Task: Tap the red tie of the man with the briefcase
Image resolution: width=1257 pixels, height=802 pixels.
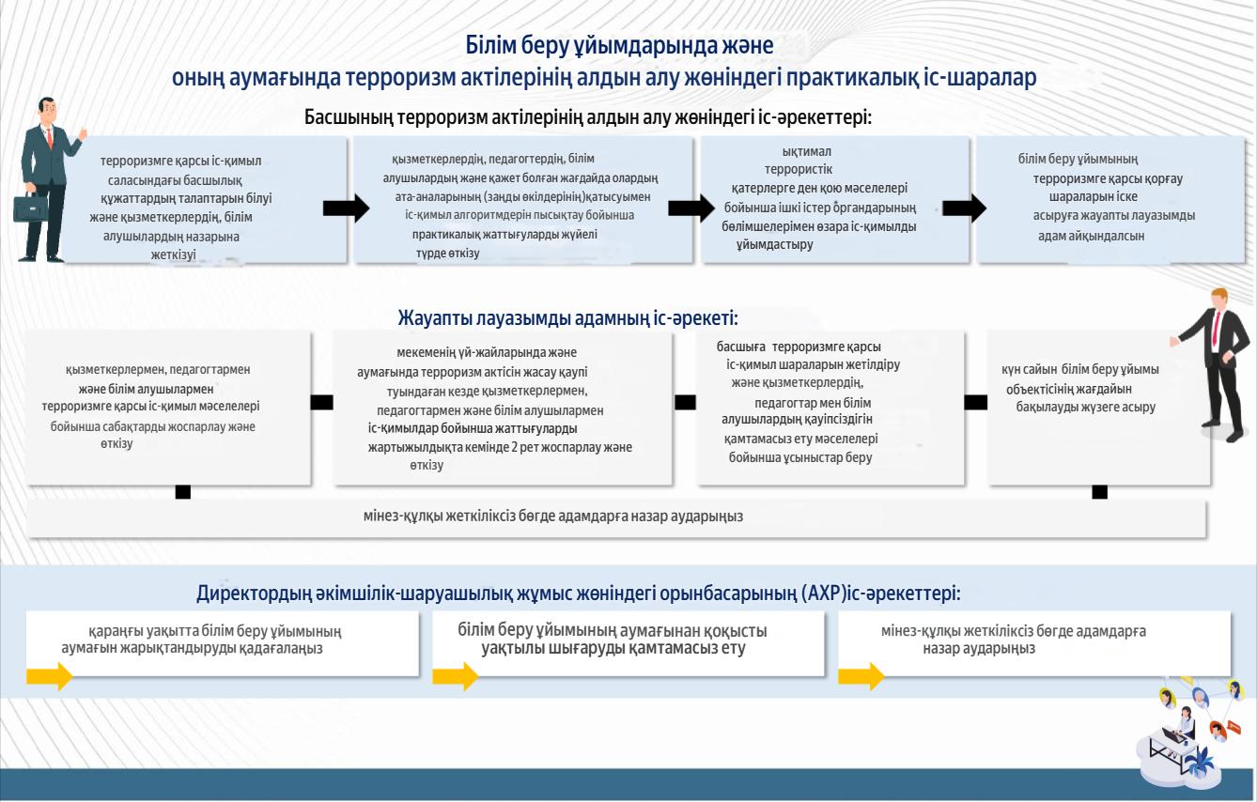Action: [x=50, y=137]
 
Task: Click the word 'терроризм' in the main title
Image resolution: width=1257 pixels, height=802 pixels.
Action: [x=400, y=77]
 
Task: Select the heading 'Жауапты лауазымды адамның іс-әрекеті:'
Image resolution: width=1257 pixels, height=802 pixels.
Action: [x=567, y=318]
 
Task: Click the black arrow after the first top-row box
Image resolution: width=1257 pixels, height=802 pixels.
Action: [x=347, y=208]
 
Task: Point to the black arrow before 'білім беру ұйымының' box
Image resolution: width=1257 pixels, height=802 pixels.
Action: [x=965, y=208]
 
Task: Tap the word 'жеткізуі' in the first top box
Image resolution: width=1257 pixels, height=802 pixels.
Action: [x=174, y=254]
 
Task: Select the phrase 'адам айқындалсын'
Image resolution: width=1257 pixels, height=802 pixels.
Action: [x=1091, y=236]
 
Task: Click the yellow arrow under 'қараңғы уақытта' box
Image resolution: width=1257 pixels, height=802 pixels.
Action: [x=50, y=676]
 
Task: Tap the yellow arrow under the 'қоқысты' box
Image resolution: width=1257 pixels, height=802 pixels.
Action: [x=455, y=676]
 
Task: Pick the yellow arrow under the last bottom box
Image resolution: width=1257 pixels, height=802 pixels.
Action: [x=861, y=676]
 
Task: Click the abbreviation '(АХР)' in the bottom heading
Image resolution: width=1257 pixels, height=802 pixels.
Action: [x=824, y=593]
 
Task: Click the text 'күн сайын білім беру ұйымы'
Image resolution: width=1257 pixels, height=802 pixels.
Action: [x=1080, y=370]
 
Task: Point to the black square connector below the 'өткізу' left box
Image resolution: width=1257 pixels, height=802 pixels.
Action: [x=183, y=492]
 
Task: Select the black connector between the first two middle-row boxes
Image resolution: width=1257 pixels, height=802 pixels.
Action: [x=321, y=402]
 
